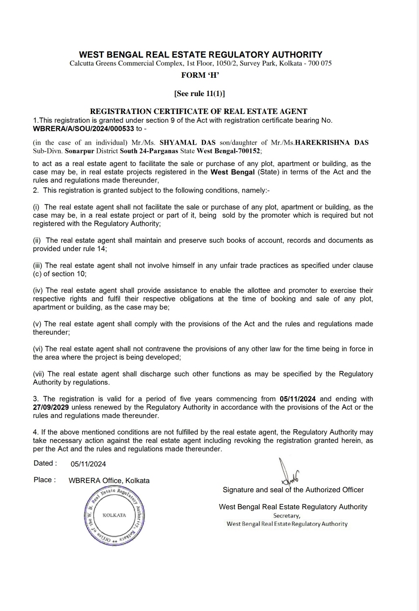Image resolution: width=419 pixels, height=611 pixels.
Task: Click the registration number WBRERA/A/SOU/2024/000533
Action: click(83, 129)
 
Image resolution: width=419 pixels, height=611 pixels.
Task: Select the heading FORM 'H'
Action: click(200, 75)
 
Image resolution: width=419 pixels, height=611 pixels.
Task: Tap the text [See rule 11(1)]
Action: click(199, 93)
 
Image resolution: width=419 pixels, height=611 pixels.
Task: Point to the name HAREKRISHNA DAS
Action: click(332, 142)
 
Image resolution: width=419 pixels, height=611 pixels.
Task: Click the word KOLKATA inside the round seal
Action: click(114, 515)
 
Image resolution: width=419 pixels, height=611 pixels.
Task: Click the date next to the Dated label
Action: click(88, 464)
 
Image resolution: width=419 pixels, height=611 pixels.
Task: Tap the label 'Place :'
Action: click(45, 480)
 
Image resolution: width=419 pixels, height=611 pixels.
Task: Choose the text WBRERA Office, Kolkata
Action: click(109, 480)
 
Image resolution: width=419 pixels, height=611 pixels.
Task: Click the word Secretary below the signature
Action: click(286, 516)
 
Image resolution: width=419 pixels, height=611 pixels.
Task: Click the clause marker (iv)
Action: click(38, 290)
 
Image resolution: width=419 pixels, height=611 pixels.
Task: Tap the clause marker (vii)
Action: click(39, 374)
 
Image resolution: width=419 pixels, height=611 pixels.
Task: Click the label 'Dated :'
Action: click(45, 463)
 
